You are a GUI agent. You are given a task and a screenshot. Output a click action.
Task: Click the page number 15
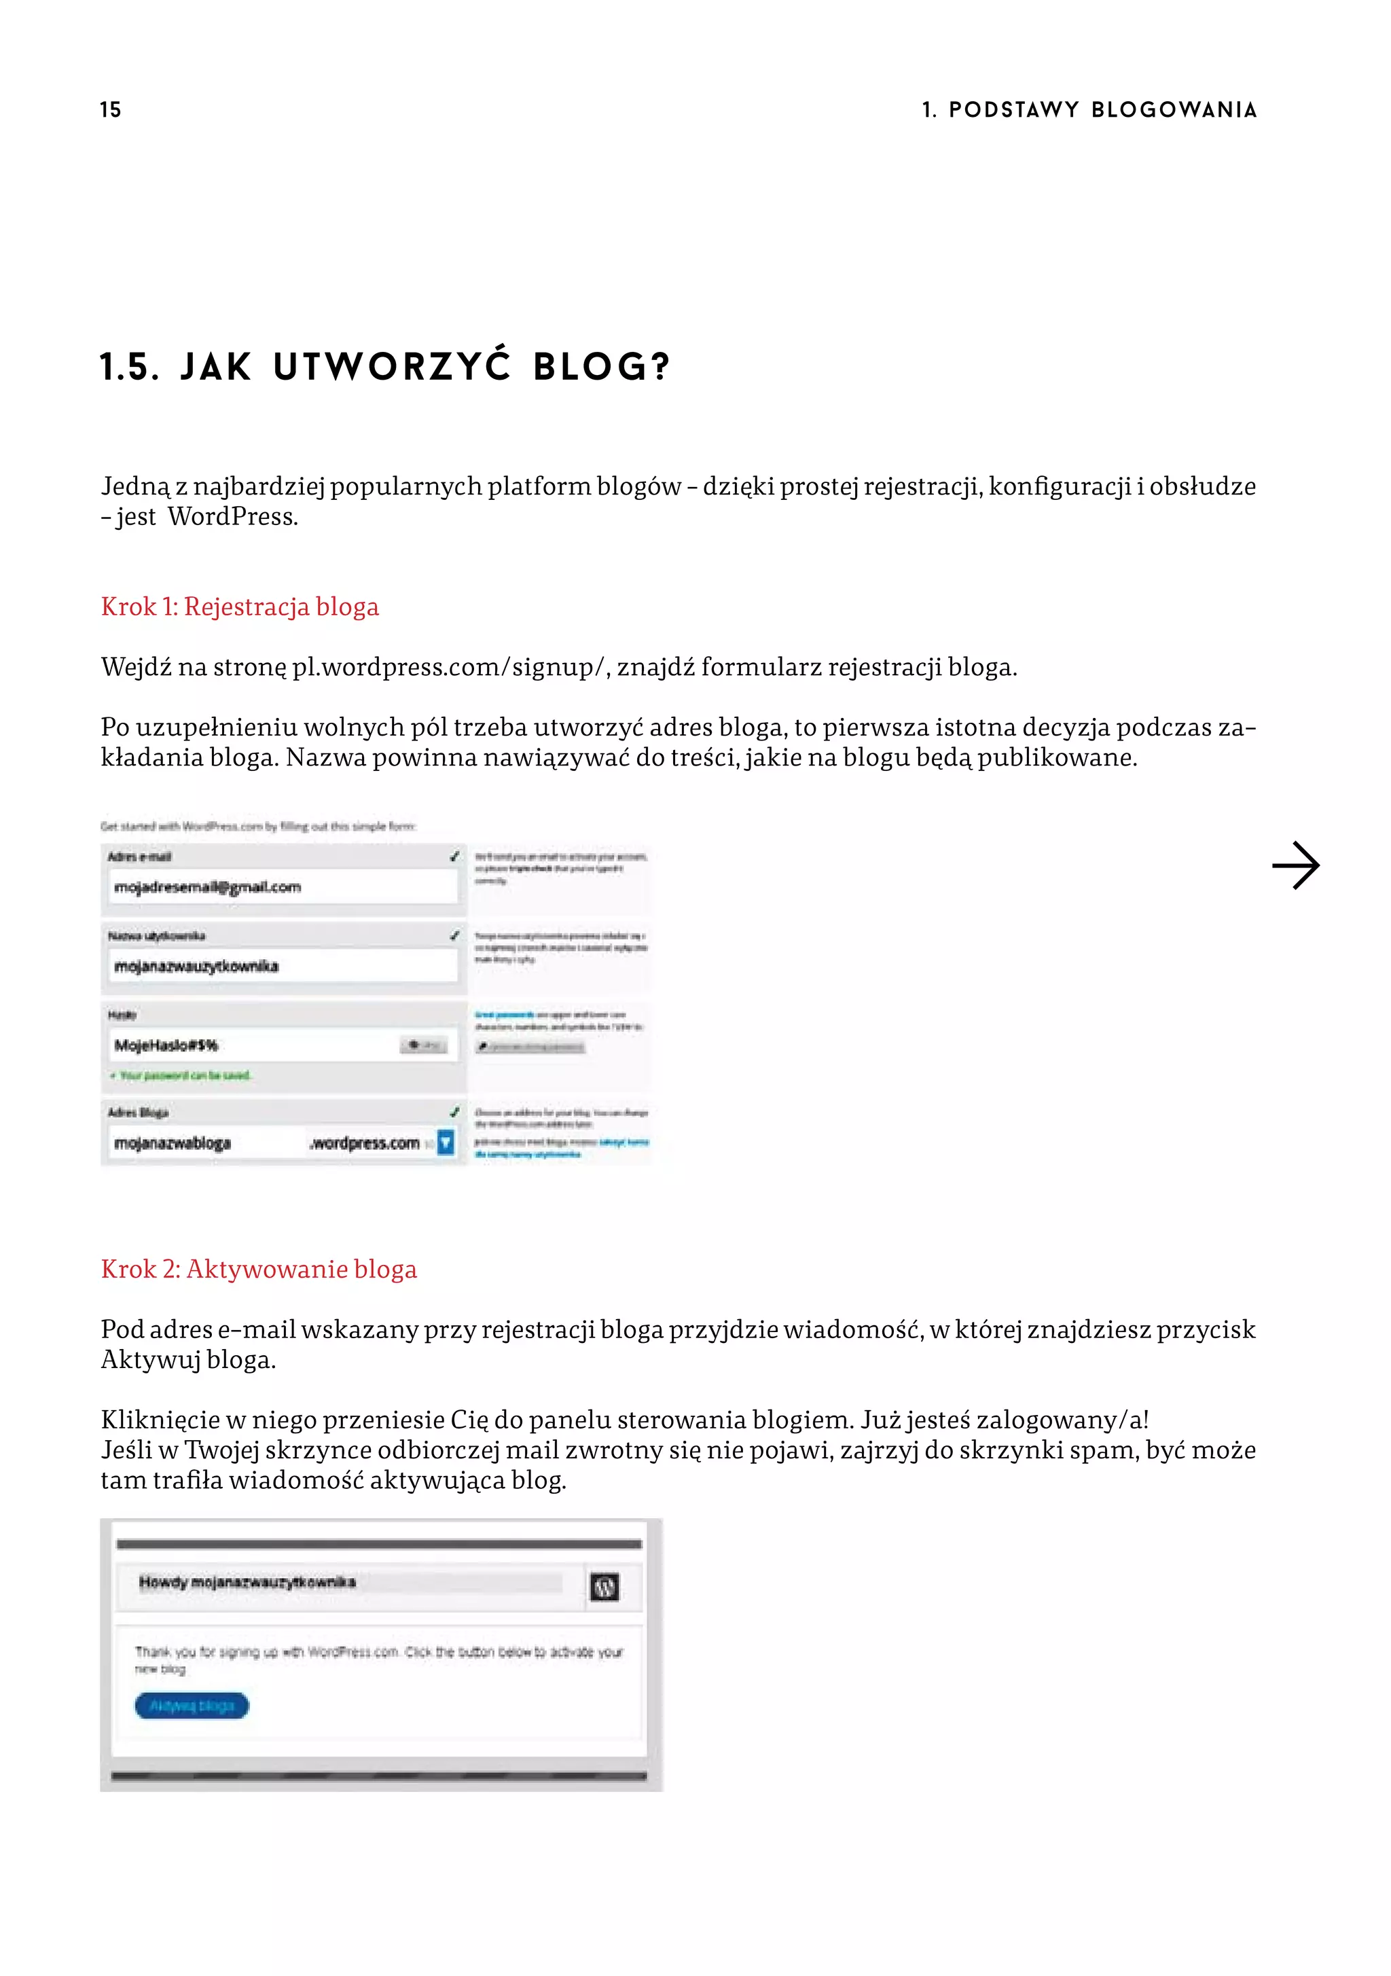click(x=110, y=109)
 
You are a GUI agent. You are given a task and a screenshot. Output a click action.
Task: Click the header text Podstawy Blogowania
click(x=1102, y=109)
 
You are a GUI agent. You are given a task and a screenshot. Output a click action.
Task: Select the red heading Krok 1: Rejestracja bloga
click(x=239, y=607)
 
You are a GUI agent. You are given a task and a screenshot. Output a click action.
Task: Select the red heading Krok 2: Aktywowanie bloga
click(x=258, y=1270)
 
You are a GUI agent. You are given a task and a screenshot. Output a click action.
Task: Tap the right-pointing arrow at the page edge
click(x=1295, y=865)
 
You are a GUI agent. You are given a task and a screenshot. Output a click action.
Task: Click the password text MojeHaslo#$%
click(x=166, y=1045)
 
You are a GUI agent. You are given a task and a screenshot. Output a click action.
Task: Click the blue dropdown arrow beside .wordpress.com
click(x=445, y=1142)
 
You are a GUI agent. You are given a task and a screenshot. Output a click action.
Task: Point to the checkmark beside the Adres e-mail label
click(x=454, y=857)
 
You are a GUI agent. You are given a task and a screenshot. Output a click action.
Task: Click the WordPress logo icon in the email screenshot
click(x=604, y=1586)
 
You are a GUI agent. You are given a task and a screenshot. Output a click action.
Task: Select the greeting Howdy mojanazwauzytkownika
click(x=247, y=1582)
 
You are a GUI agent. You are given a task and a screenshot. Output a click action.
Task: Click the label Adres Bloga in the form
click(x=138, y=1112)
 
